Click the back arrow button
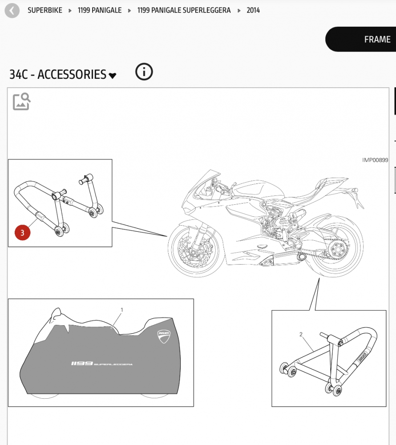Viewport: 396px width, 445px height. coord(12,11)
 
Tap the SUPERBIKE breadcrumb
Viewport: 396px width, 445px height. coord(45,11)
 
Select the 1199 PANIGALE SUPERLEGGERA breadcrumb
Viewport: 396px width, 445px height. coord(184,11)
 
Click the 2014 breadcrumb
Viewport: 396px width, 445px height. coord(253,11)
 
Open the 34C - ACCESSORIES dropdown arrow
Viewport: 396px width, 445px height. coord(112,76)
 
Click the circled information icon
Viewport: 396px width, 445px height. coord(144,72)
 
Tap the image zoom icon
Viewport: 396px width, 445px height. coord(21,101)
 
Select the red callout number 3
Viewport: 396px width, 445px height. coord(22,232)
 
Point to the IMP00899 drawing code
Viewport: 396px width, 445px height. coord(375,160)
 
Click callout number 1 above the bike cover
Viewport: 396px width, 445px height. coord(122,310)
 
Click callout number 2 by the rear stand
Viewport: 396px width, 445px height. coord(301,334)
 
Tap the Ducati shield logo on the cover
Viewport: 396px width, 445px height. coord(164,336)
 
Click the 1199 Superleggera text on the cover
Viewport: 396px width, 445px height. coord(101,364)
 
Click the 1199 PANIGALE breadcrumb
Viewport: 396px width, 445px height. coord(100,11)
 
